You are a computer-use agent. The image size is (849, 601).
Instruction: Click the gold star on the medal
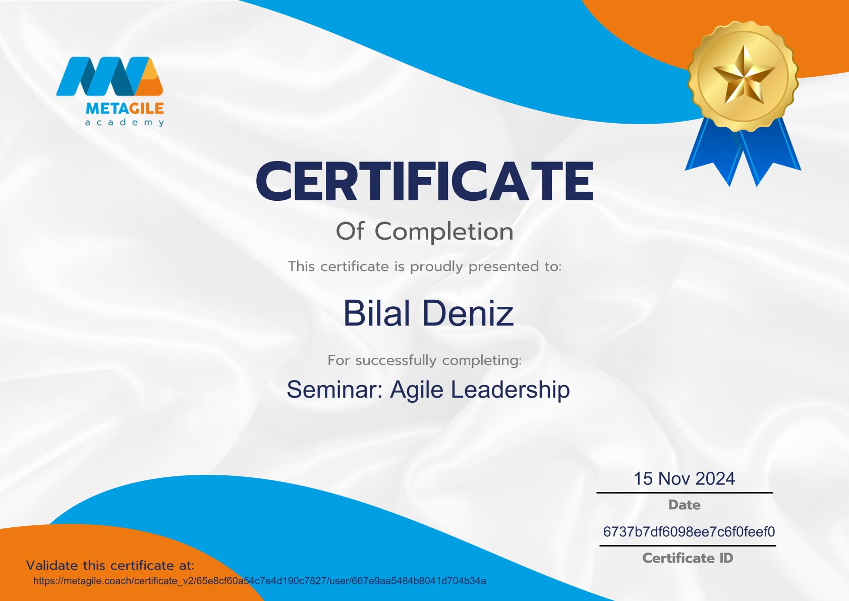(x=744, y=76)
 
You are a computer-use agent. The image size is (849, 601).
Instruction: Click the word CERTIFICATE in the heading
(x=425, y=181)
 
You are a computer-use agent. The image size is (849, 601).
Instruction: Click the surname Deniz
(x=468, y=313)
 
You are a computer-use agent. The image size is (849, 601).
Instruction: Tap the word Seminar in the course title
(x=335, y=390)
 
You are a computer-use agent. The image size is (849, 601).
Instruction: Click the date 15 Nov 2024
(x=684, y=478)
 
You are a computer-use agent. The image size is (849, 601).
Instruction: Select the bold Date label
(x=684, y=505)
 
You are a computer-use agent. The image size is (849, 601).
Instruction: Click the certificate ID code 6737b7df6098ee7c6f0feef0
(x=689, y=531)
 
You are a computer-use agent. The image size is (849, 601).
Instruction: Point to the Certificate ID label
(x=688, y=558)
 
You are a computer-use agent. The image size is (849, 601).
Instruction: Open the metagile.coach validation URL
(x=260, y=581)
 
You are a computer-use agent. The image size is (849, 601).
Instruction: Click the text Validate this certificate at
(x=110, y=565)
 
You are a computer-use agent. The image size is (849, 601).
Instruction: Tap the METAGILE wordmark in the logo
(x=125, y=109)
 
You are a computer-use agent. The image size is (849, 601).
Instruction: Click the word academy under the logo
(x=125, y=123)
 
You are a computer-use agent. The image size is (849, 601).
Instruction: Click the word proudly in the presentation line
(x=437, y=267)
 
